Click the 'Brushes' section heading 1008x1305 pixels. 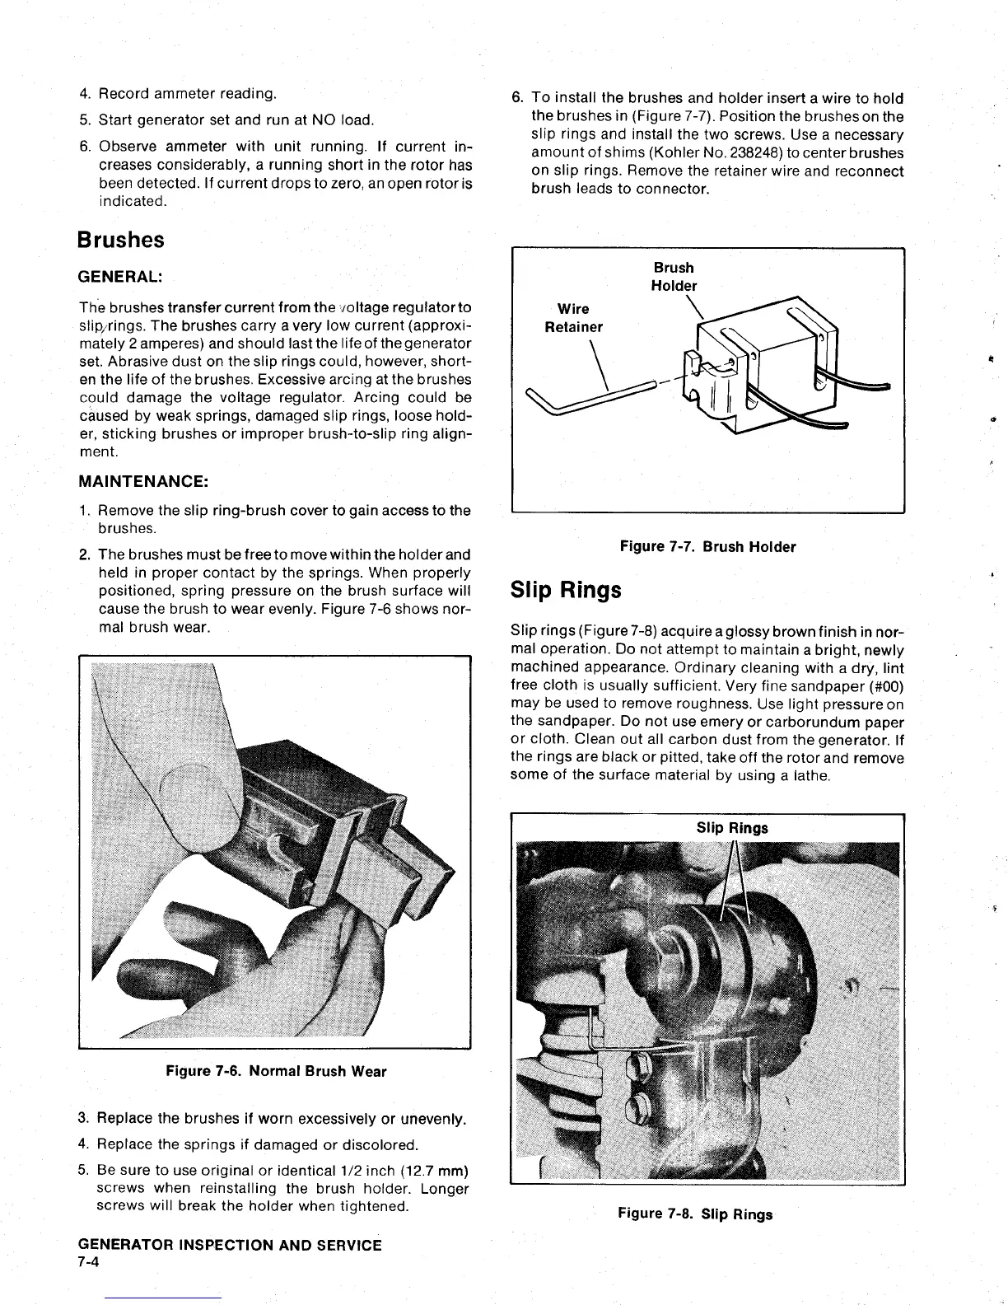coord(120,240)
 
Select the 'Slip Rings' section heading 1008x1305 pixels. coord(566,590)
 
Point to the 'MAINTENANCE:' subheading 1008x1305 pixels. coord(142,480)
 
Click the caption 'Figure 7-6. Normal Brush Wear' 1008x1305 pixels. coord(276,1071)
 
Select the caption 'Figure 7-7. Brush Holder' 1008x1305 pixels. coord(707,546)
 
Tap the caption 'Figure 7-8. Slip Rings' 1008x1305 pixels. coord(696,1214)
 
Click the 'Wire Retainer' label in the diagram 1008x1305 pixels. coord(573,318)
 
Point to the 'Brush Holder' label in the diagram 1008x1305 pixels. coord(674,277)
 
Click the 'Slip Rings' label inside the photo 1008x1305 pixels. coord(732,828)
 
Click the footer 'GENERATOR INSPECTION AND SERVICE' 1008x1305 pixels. coord(230,1245)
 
